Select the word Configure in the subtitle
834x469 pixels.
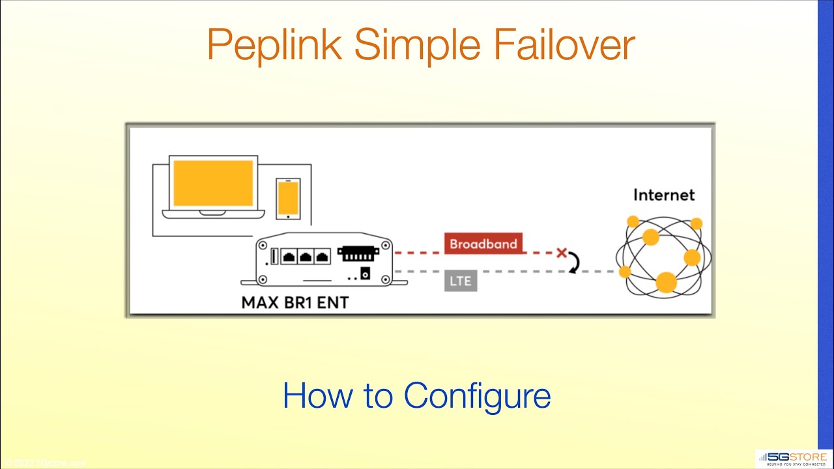[x=477, y=395]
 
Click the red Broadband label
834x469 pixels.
[x=483, y=244]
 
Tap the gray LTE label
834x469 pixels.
[x=461, y=281]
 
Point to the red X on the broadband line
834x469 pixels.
[x=562, y=253]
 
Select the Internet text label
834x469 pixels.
[x=664, y=195]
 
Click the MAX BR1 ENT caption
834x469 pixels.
[x=295, y=303]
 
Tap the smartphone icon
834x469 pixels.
[x=288, y=199]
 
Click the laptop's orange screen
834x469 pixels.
[x=213, y=183]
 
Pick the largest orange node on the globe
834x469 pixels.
[x=666, y=282]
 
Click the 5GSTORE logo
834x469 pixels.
[x=793, y=459]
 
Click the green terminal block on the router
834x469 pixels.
[x=358, y=255]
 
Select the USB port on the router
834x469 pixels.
[x=274, y=256]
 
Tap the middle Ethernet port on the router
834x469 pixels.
[x=304, y=257]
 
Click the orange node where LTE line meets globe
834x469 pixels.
[x=625, y=271]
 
